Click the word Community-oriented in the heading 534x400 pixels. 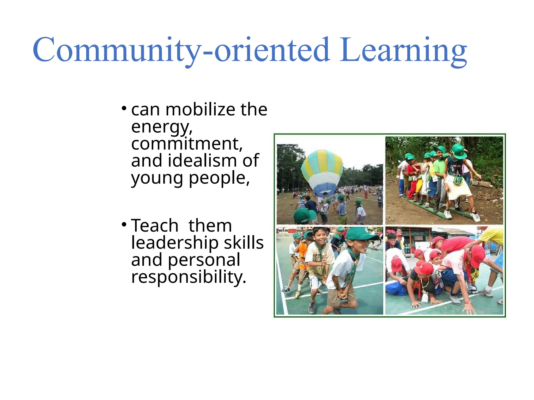[x=181, y=50]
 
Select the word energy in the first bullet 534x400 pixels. [x=161, y=127]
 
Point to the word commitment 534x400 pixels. [x=186, y=144]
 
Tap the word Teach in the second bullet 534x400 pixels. [x=155, y=226]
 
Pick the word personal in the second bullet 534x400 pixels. [x=204, y=260]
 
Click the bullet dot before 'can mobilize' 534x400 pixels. [x=124, y=108]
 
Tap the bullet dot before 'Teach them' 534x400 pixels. [x=124, y=224]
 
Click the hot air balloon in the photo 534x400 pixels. [x=322, y=172]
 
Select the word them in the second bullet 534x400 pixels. [x=210, y=226]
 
